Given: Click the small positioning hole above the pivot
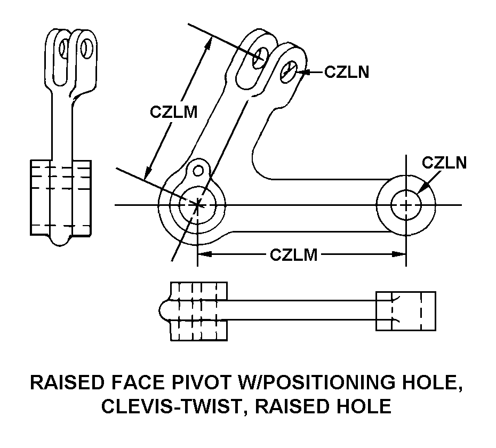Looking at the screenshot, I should click(198, 170).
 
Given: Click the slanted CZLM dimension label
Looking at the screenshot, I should click(173, 113).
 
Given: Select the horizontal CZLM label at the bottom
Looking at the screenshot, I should click(293, 255).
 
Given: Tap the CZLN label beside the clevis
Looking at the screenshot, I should click(347, 72).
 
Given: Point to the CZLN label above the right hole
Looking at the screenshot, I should click(444, 163).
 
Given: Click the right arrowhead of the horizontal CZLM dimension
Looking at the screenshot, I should click(400, 254).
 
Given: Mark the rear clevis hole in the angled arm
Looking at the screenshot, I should click(262, 57).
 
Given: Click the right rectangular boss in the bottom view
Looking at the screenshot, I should click(405, 311).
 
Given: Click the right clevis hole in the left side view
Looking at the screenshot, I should click(84, 49).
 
